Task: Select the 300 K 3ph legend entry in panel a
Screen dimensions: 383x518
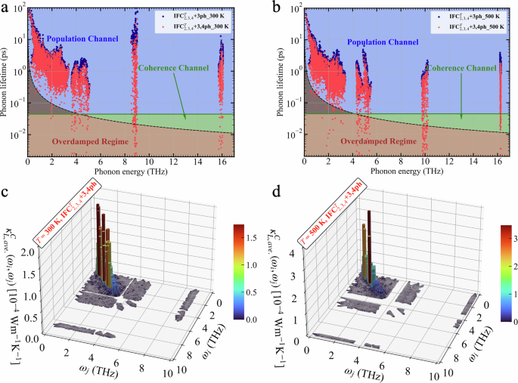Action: pos(192,14)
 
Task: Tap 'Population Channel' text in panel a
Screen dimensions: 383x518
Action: pos(79,37)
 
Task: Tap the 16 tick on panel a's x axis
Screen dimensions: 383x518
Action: pos(220,162)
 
